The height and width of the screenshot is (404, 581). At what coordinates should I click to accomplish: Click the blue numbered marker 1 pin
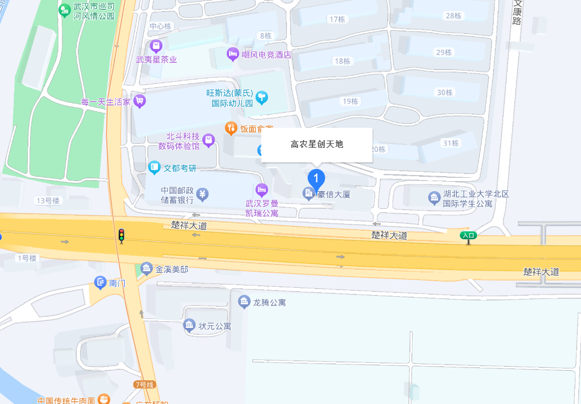click(x=316, y=178)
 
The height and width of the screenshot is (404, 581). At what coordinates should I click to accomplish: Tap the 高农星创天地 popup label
click(x=317, y=144)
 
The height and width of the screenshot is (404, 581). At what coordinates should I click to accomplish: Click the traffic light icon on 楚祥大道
click(x=121, y=236)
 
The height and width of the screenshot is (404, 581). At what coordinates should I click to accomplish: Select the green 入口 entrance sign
click(x=468, y=235)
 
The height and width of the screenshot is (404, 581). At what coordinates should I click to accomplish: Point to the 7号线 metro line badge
click(x=144, y=385)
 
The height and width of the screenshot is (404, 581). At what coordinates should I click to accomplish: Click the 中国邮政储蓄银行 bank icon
click(x=203, y=194)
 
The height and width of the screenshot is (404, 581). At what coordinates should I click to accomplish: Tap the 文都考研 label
click(x=180, y=167)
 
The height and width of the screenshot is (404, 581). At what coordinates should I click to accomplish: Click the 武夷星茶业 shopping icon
click(x=156, y=46)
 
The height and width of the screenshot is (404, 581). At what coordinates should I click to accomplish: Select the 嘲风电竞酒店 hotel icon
click(x=232, y=54)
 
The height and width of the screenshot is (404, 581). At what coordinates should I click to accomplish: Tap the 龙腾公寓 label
click(x=269, y=303)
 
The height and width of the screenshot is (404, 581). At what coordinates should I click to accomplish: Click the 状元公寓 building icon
click(x=190, y=325)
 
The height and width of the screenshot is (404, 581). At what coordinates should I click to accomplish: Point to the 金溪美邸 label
click(x=172, y=270)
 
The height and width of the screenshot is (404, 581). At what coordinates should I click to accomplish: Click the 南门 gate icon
click(x=101, y=283)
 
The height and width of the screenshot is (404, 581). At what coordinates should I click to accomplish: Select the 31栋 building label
click(x=451, y=143)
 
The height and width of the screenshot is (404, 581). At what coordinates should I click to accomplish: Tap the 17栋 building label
click(x=337, y=19)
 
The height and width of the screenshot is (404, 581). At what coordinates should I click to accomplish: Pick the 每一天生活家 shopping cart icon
click(x=139, y=101)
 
